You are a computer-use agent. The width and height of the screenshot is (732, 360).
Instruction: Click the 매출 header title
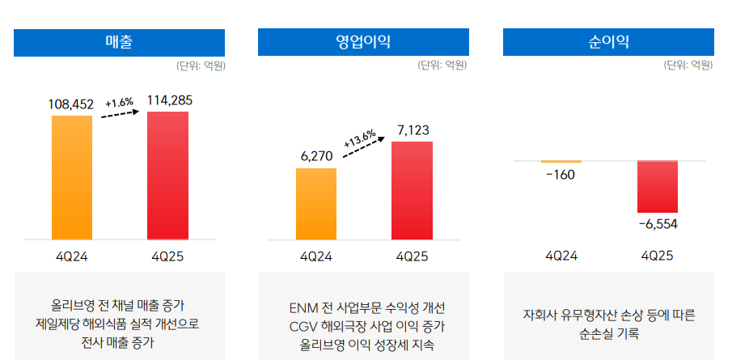click(119, 42)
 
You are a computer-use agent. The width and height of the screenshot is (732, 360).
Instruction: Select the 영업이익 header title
click(363, 42)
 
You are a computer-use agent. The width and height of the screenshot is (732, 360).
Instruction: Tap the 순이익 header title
click(608, 42)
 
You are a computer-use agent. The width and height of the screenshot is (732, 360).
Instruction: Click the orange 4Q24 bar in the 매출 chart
click(72, 178)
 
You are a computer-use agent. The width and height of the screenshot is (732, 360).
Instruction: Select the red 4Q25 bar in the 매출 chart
click(167, 176)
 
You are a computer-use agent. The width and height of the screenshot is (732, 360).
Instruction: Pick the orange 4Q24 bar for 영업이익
click(316, 204)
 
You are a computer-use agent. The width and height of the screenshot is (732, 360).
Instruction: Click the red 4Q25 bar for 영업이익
click(412, 191)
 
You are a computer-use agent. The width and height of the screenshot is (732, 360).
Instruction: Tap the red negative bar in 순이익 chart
click(657, 187)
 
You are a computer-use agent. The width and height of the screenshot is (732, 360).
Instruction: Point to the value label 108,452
click(71, 104)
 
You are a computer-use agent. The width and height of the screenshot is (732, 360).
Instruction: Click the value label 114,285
click(169, 100)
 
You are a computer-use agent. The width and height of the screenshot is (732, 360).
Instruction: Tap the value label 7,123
click(413, 130)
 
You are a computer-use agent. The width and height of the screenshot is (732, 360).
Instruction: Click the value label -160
click(560, 175)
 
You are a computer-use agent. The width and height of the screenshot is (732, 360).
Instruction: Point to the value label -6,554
click(657, 224)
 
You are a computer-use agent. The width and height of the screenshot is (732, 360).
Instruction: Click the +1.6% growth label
click(119, 103)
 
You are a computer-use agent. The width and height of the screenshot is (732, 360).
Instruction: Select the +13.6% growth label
click(360, 139)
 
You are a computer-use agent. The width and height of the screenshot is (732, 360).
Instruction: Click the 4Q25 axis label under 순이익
click(657, 256)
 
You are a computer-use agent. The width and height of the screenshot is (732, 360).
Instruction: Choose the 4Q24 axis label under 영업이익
click(316, 256)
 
